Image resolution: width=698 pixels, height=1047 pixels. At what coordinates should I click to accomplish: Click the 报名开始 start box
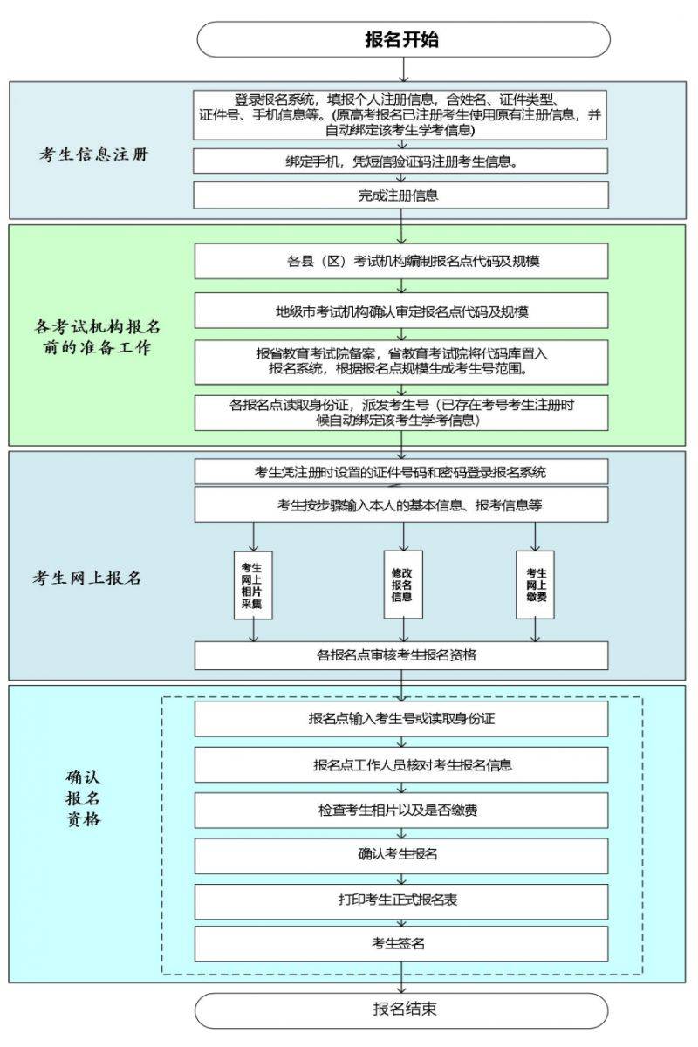tap(403, 39)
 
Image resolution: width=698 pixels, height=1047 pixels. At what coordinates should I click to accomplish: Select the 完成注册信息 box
tap(400, 195)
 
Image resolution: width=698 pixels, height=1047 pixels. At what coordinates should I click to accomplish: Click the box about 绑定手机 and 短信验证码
tap(400, 161)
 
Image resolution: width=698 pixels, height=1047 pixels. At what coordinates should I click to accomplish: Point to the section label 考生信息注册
tap(93, 154)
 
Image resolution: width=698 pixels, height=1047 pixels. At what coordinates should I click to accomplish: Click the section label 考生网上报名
tap(87, 578)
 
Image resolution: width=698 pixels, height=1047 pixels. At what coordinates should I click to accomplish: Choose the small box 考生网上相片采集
tap(253, 585)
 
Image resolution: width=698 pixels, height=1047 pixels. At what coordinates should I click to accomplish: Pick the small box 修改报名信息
tap(403, 585)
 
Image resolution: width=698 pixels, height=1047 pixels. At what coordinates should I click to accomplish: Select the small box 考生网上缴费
tap(536, 585)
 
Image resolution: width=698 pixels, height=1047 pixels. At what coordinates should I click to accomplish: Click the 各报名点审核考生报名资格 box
tap(401, 656)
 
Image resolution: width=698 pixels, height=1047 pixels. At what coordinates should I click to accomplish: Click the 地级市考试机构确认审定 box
tap(401, 311)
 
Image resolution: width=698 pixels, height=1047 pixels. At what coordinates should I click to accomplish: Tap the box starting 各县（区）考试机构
tap(401, 261)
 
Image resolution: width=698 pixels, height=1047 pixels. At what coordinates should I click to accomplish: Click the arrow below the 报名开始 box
tap(403, 70)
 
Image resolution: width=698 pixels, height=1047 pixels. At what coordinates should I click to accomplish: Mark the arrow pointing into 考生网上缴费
tap(536, 537)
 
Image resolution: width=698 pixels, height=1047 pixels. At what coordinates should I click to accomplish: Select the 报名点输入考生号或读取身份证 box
tap(401, 718)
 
